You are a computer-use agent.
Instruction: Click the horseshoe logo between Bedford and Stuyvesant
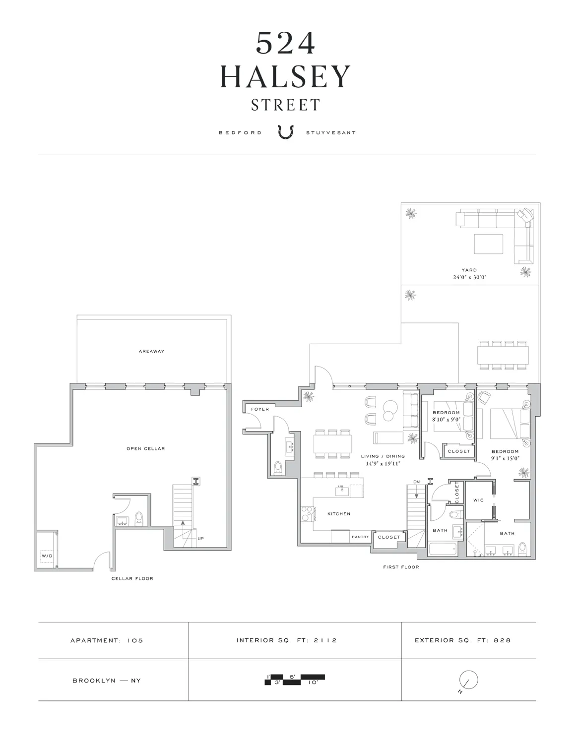tap(286, 132)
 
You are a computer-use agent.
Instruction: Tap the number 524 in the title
tap(285, 44)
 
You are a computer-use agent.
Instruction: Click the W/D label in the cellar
tap(47, 556)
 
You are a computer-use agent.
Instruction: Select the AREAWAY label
tap(152, 351)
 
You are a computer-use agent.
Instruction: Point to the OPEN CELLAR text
tap(145, 448)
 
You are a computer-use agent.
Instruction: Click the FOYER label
tap(260, 409)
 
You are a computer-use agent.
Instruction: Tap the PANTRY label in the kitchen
tap(360, 537)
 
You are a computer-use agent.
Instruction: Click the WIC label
tap(478, 500)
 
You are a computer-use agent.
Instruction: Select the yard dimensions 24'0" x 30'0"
tap(469, 277)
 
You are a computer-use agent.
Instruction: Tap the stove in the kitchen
tap(307, 513)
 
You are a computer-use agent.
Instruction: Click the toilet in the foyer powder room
tap(278, 467)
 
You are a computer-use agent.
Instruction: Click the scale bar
tap(295, 680)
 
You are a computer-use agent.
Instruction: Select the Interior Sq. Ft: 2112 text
tap(287, 640)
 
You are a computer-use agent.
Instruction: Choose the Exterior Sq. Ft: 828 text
tap(462, 640)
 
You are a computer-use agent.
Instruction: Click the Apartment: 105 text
tap(107, 640)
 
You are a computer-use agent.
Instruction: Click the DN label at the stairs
tap(416, 482)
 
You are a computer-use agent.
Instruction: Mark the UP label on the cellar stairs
tap(200, 538)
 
